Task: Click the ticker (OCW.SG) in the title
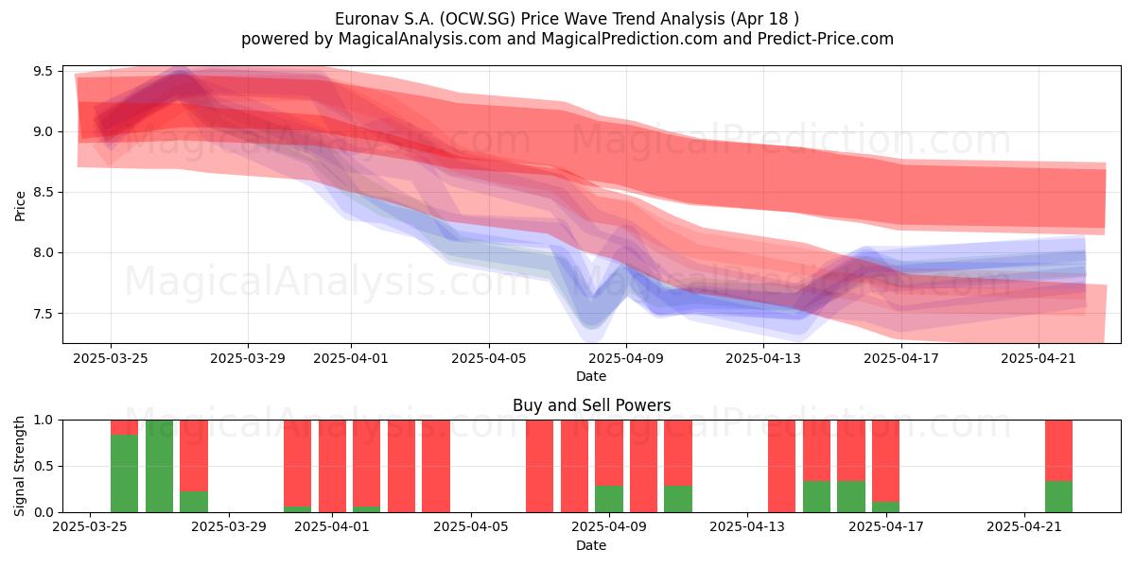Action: click(x=478, y=19)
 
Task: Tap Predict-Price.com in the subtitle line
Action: click(x=826, y=39)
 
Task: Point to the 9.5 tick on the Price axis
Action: click(x=43, y=71)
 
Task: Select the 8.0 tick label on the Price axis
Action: click(x=43, y=252)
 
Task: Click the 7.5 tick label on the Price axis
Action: click(x=43, y=314)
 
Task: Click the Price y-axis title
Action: click(x=20, y=206)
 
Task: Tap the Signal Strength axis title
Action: click(x=19, y=466)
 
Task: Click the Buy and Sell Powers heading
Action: click(x=591, y=405)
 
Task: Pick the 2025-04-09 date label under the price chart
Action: click(x=626, y=358)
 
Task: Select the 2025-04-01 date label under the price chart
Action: click(x=351, y=358)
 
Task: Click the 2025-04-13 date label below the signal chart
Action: click(x=747, y=527)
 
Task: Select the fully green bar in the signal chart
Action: click(x=159, y=466)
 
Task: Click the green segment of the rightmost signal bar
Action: click(x=1058, y=497)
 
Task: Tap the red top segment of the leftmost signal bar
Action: click(x=124, y=427)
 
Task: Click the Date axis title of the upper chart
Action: click(x=591, y=376)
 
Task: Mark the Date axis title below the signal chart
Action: click(x=591, y=545)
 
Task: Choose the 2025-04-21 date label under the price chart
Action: click(x=1039, y=358)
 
